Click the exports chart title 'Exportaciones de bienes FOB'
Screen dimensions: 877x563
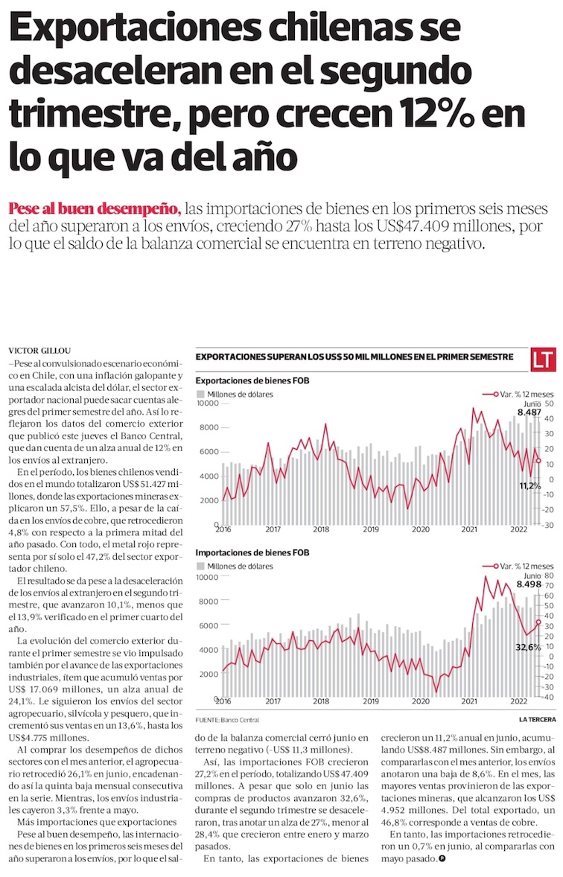tap(252, 380)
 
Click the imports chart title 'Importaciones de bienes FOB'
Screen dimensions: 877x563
tap(252, 552)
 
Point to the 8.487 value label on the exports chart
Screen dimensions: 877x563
tap(530, 412)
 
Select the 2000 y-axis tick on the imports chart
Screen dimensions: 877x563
tap(209, 675)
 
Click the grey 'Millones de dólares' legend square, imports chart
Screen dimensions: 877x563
tap(200, 567)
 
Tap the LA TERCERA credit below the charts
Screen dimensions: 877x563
tap(537, 720)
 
